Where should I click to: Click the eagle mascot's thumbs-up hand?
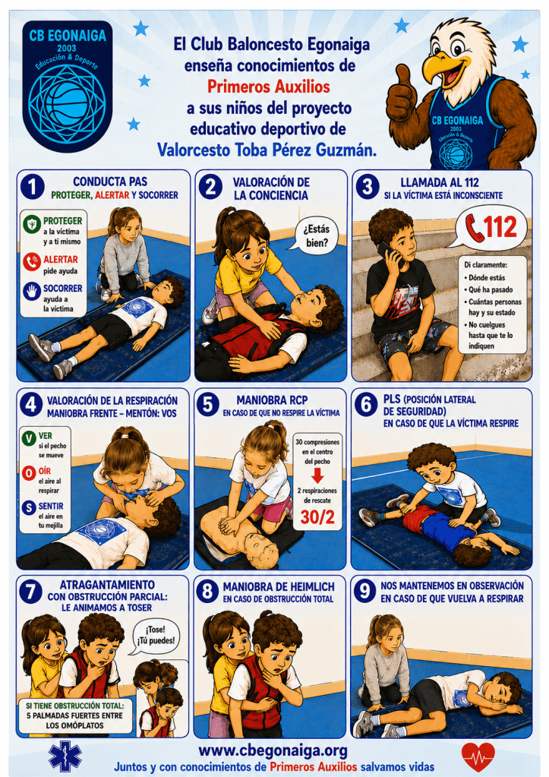[x=403, y=96]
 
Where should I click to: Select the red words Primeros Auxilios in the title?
[x=269, y=87]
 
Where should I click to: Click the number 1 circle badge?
[x=32, y=188]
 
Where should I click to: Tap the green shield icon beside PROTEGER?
[x=32, y=224]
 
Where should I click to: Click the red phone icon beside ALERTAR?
[x=32, y=261]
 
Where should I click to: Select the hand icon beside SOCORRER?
[x=32, y=291]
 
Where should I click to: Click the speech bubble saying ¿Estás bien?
[x=314, y=236]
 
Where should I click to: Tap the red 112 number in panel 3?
[x=500, y=227]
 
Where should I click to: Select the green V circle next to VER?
[x=29, y=438]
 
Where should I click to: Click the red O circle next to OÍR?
[x=29, y=472]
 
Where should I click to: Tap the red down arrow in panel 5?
[x=317, y=475]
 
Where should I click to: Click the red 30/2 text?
[x=317, y=516]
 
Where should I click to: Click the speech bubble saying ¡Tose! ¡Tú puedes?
[x=156, y=636]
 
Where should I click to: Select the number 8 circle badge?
[x=207, y=591]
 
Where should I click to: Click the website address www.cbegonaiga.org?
[x=273, y=751]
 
